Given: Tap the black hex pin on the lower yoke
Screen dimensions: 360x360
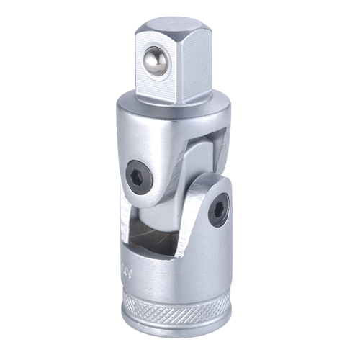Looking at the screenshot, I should (218, 210).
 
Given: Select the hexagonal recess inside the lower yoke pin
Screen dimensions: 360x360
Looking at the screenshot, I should (218, 210).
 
